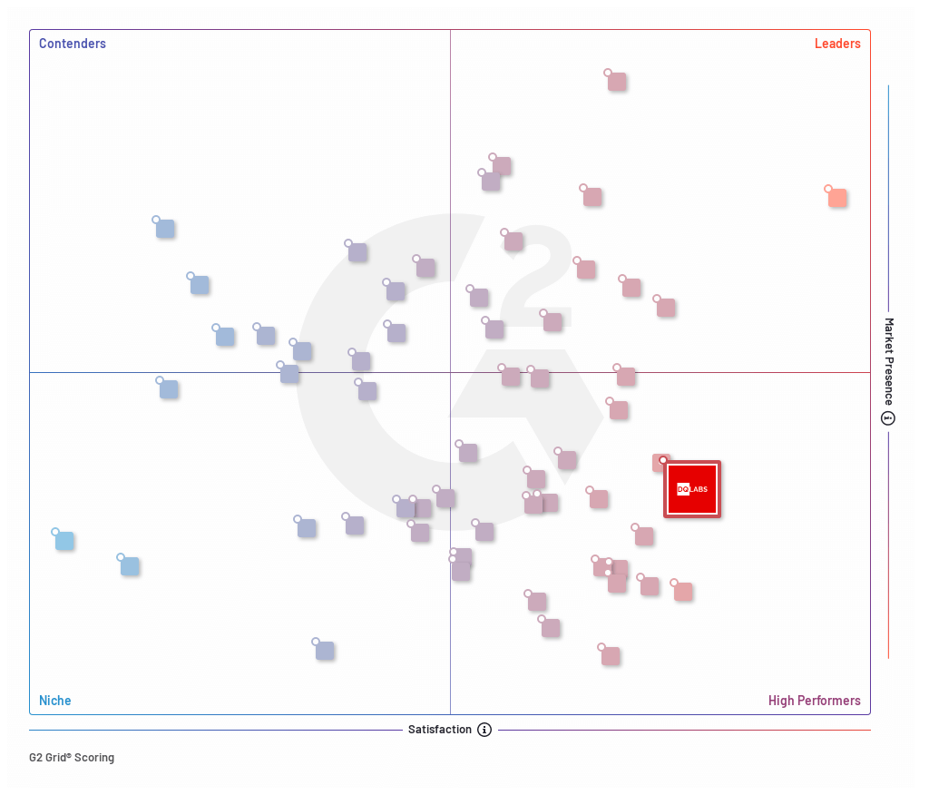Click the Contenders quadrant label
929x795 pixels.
72,44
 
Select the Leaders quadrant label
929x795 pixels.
836,44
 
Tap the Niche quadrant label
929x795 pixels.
54,701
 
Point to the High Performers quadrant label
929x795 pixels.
814,701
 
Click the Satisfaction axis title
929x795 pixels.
439,730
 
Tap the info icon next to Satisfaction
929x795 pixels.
484,730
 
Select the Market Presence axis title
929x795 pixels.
889,360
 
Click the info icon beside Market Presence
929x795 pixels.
888,418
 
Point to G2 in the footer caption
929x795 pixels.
36,758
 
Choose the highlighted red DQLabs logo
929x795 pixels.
692,489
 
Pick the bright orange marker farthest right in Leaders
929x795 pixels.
837,198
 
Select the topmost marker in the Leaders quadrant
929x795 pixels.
617,82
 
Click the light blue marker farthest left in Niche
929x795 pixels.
64,541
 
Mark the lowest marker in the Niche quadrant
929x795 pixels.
325,651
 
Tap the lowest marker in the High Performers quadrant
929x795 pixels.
611,656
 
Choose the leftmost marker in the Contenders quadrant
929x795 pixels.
165,229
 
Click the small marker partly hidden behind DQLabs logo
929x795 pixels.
660,462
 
